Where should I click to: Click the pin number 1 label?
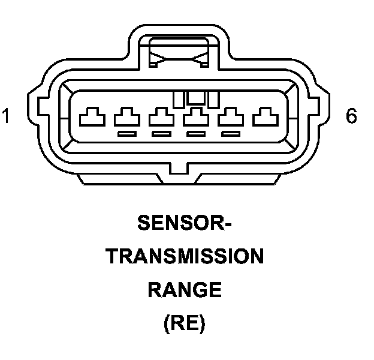point(6,115)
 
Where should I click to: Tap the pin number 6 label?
point(351,115)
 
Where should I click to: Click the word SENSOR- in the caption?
point(185,224)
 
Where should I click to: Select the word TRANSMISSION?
point(185,257)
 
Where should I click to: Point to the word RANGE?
point(185,291)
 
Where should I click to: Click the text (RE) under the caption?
point(185,325)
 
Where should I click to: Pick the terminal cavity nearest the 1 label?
point(92,117)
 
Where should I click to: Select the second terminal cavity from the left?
point(126,117)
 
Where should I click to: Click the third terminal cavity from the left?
point(160,117)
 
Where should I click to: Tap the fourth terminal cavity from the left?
point(194,117)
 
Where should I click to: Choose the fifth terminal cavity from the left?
point(228,117)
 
